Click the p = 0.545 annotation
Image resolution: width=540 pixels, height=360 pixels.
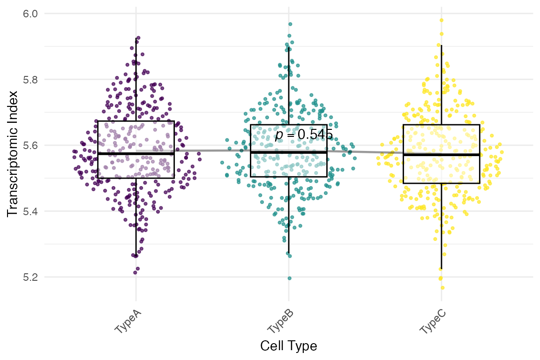(x=304, y=135)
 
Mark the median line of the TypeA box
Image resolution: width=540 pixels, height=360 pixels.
(x=136, y=153)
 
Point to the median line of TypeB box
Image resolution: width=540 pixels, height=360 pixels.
(x=288, y=152)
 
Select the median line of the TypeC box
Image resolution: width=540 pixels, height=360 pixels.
(x=441, y=154)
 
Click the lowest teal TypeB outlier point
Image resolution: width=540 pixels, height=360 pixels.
(x=289, y=278)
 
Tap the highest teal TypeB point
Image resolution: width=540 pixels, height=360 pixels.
(x=290, y=24)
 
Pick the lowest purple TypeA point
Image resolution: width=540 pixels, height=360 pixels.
(x=135, y=272)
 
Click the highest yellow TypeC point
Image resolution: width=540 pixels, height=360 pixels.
(x=442, y=20)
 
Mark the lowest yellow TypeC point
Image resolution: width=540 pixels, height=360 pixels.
(x=442, y=287)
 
